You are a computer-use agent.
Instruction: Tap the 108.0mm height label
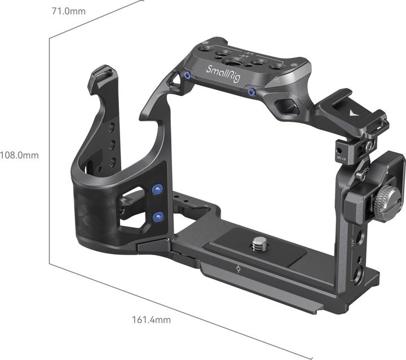point(20,155)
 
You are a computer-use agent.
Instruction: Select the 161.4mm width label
point(151,320)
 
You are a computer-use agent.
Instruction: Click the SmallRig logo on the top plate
point(224,75)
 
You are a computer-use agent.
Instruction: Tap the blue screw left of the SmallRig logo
point(187,75)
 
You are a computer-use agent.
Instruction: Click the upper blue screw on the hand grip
point(157,190)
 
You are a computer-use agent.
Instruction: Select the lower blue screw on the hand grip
point(158,216)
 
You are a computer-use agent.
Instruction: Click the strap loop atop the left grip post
point(101,73)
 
